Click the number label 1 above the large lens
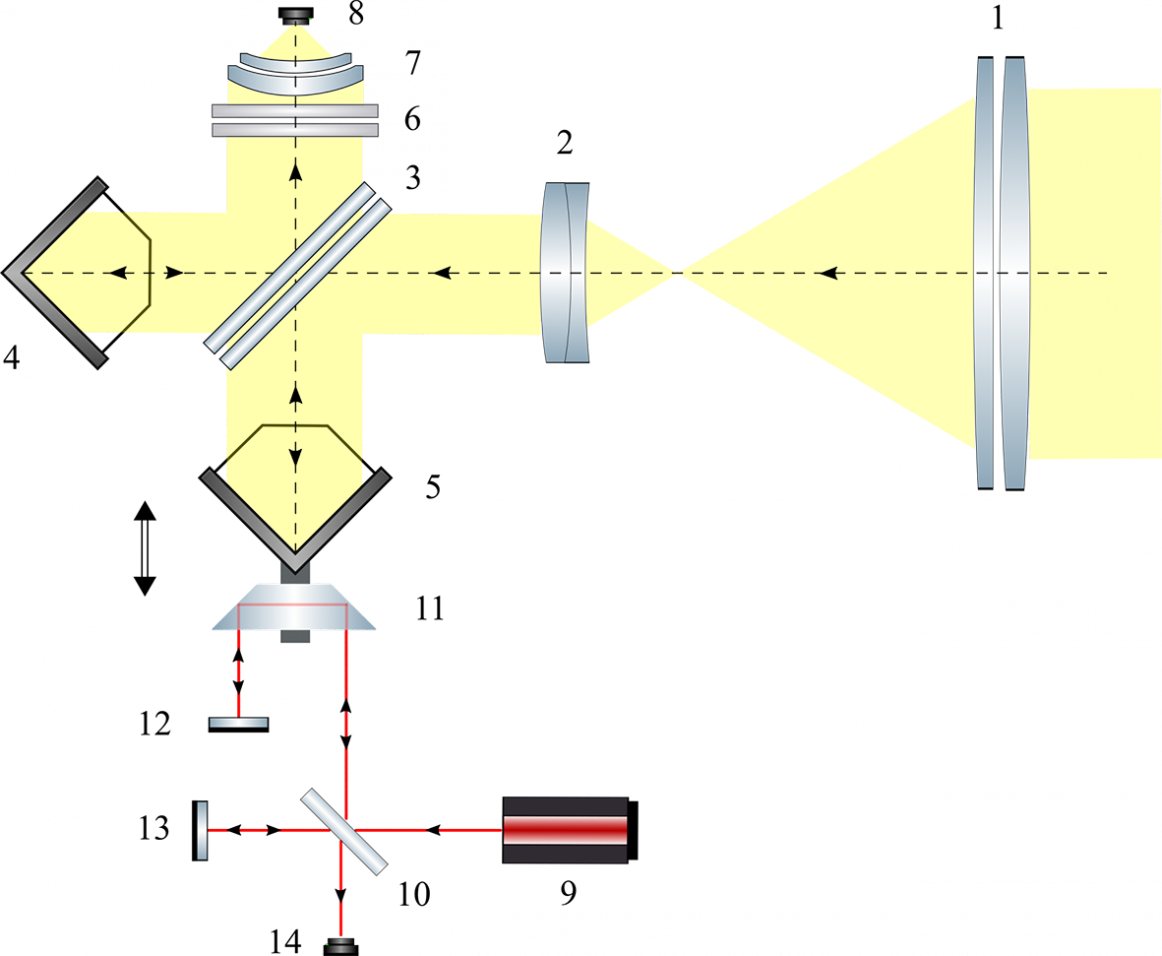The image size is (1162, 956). pyautogui.click(x=998, y=17)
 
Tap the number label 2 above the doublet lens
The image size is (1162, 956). pyautogui.click(x=565, y=143)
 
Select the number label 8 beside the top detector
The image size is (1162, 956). pyautogui.click(x=356, y=14)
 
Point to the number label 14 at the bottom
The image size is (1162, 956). pyautogui.click(x=285, y=942)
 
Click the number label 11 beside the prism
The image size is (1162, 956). pyautogui.click(x=430, y=608)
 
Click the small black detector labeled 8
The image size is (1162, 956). pyautogui.click(x=296, y=14)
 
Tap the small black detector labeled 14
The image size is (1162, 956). pyautogui.click(x=340, y=947)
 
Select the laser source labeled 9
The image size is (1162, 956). pyautogui.click(x=570, y=830)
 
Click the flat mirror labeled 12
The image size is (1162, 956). pyautogui.click(x=239, y=725)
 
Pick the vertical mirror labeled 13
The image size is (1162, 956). pyautogui.click(x=200, y=830)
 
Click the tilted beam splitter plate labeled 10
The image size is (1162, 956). pyautogui.click(x=343, y=831)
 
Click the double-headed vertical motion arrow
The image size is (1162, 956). pyautogui.click(x=145, y=548)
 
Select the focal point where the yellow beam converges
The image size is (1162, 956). pyautogui.click(x=676, y=273)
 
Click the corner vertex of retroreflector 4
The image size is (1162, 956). pyautogui.click(x=5, y=273)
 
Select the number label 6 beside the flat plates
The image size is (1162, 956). pyautogui.click(x=413, y=119)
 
